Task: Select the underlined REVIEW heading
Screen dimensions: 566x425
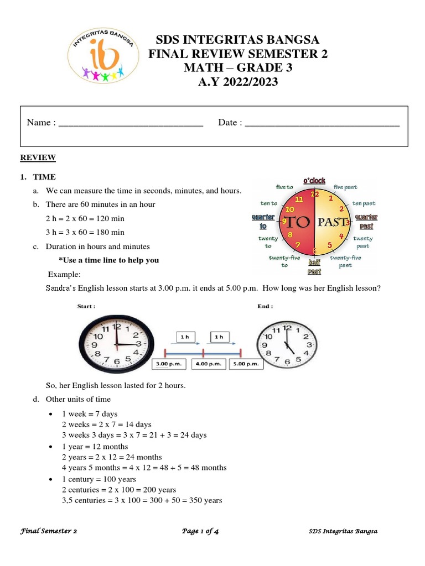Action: [38, 158]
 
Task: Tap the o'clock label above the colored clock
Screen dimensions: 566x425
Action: [314, 181]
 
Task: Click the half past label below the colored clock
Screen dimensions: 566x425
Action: [314, 267]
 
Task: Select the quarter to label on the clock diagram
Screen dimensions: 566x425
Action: [263, 222]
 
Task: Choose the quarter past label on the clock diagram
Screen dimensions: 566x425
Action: [366, 222]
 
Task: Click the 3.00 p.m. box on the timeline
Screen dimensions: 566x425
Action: [169, 364]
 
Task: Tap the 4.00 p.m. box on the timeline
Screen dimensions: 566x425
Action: [208, 364]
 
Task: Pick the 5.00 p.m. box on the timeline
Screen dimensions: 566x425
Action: [244, 364]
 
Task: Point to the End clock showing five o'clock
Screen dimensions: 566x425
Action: [287, 344]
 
